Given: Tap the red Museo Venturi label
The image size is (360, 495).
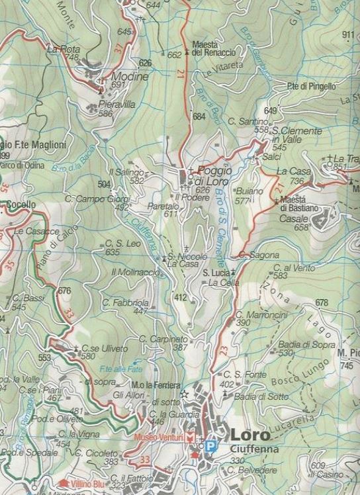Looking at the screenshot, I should pyautogui.click(x=159, y=438).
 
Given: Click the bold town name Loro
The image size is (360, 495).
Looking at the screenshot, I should pyautogui.click(x=251, y=435).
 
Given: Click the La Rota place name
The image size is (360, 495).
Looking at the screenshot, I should pyautogui.click(x=63, y=49).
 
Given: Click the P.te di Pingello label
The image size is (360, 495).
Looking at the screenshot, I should pyautogui.click(x=311, y=86).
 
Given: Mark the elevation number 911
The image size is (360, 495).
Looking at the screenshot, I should pyautogui.click(x=349, y=35).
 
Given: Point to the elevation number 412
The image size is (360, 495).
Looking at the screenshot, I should pyautogui.click(x=180, y=298).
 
